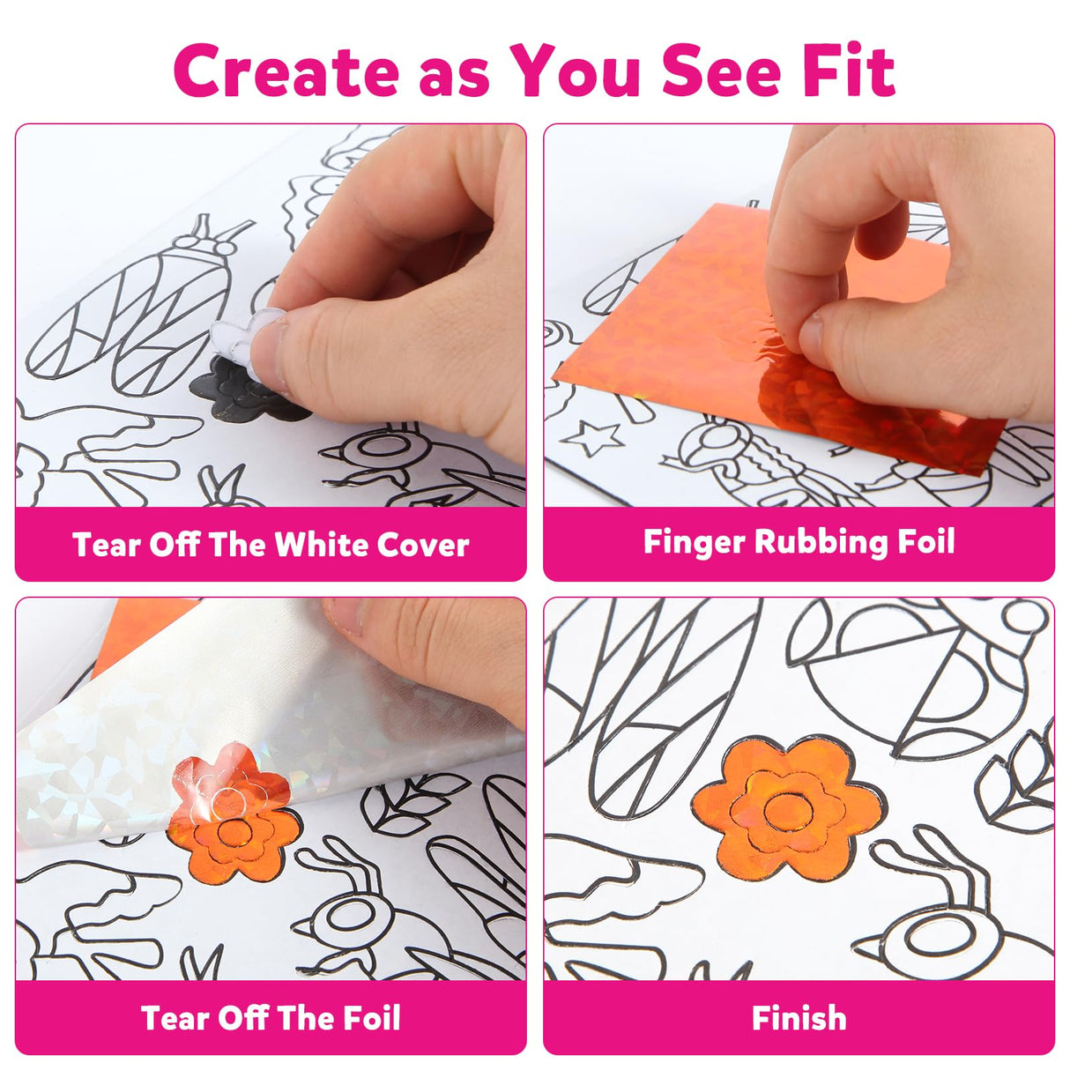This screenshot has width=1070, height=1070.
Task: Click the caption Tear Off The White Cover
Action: [270, 545]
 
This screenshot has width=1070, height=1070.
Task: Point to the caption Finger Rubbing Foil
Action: [799, 542]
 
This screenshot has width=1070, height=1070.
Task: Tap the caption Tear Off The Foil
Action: [270, 1018]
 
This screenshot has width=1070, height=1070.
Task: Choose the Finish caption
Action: [799, 1018]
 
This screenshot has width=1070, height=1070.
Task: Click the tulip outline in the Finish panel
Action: [1022, 780]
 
